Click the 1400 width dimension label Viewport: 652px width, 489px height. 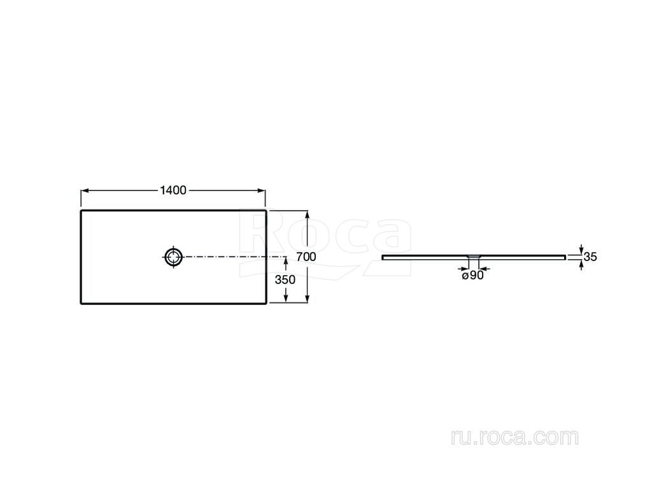click(x=173, y=190)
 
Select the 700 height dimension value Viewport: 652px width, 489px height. click(x=306, y=257)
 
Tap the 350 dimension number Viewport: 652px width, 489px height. click(x=285, y=280)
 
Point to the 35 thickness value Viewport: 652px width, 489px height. click(x=590, y=257)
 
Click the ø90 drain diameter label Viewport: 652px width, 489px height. click(x=473, y=275)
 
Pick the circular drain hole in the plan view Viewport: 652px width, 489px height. click(x=173, y=257)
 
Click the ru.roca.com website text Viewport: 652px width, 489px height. click(x=514, y=437)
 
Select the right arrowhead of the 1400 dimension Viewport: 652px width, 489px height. click(x=262, y=191)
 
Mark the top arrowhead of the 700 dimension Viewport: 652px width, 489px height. click(x=308, y=215)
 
